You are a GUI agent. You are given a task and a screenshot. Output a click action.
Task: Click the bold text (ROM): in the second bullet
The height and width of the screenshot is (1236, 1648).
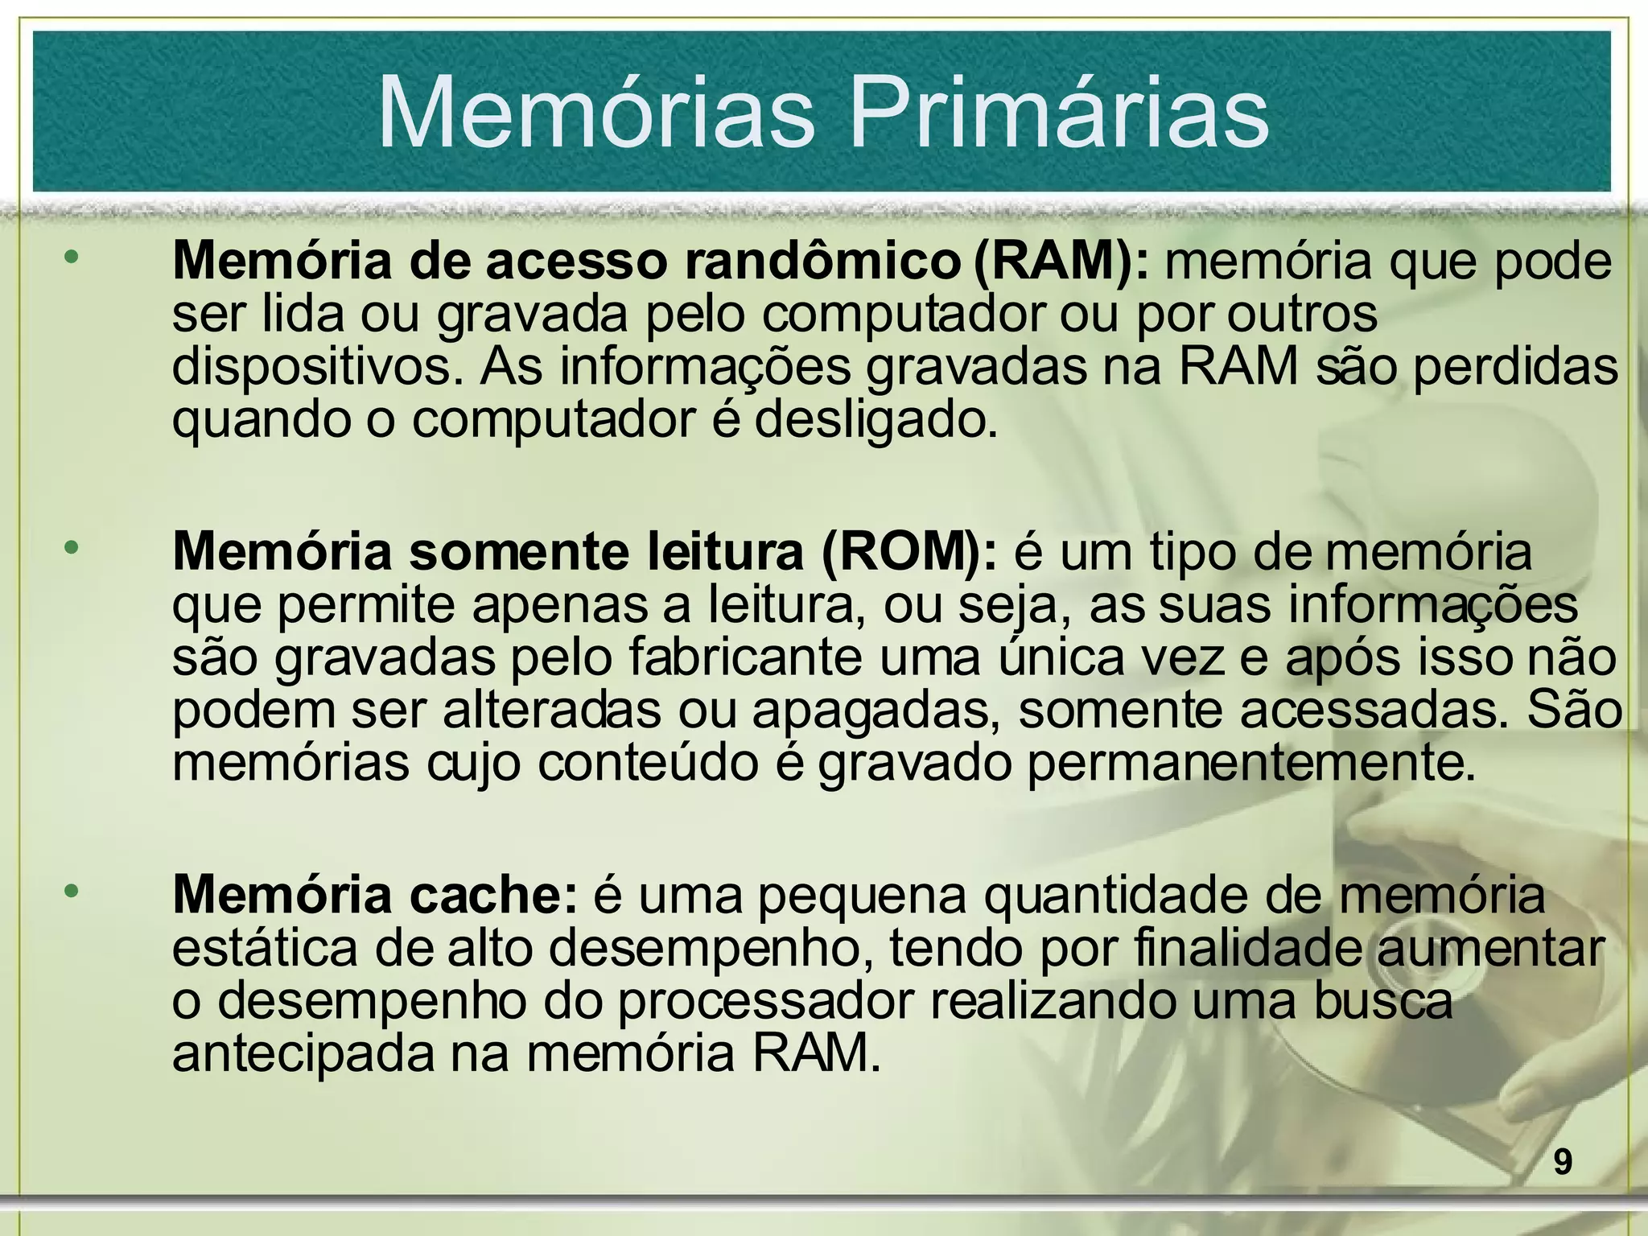[909, 552]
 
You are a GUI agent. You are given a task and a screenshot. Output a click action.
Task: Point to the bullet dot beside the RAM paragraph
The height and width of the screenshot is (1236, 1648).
[72, 257]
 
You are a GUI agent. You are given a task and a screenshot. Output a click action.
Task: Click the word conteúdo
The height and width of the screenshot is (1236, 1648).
[649, 762]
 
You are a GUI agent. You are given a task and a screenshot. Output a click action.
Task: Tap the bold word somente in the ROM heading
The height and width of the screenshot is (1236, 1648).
[519, 552]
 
